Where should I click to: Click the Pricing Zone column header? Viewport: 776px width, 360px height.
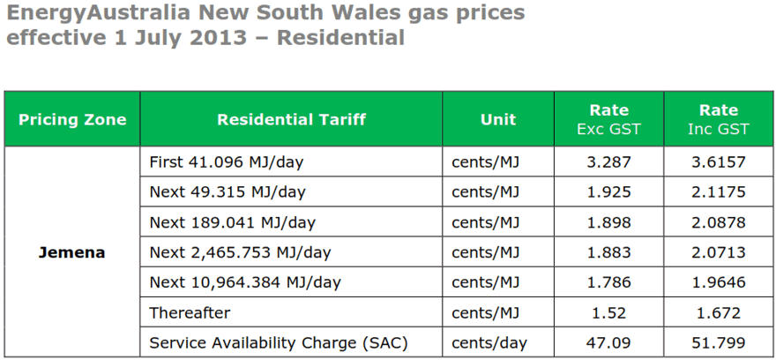[x=72, y=119]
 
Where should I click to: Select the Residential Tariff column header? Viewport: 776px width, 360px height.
[x=291, y=119]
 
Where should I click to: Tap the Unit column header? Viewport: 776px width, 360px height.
[x=498, y=119]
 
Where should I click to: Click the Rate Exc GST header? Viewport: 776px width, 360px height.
[x=608, y=119]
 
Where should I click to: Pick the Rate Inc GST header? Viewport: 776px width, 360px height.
[x=718, y=119]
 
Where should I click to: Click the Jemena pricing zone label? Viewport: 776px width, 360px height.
[x=72, y=252]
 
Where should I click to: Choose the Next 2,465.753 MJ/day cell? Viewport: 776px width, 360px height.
[x=240, y=252]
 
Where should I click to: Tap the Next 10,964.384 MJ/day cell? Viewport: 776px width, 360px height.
[x=244, y=282]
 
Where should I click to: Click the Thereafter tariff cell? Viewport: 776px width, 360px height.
[x=191, y=312]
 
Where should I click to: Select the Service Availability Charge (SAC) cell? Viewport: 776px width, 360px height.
[x=279, y=342]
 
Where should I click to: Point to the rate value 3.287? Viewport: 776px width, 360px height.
[x=608, y=161]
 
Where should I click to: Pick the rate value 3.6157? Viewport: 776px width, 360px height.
[x=718, y=161]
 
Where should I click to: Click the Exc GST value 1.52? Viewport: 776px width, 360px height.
[x=608, y=312]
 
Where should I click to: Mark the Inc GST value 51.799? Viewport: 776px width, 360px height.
[x=718, y=342]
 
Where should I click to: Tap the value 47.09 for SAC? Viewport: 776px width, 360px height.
[x=608, y=342]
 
